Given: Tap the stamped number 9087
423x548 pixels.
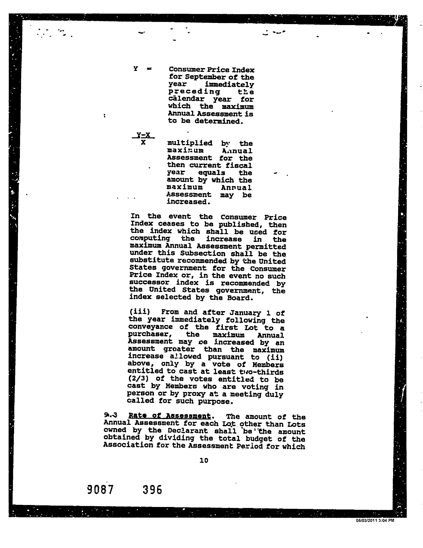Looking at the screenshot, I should pyautogui.click(x=100, y=490).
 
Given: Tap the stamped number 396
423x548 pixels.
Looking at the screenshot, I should pyautogui.click(x=152, y=490).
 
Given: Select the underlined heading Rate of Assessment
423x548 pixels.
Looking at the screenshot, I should pyautogui.click(x=169, y=416).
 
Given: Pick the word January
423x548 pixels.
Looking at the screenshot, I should pyautogui.click(x=245, y=313).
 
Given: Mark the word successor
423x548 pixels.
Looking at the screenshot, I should pyautogui.click(x=149, y=283).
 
